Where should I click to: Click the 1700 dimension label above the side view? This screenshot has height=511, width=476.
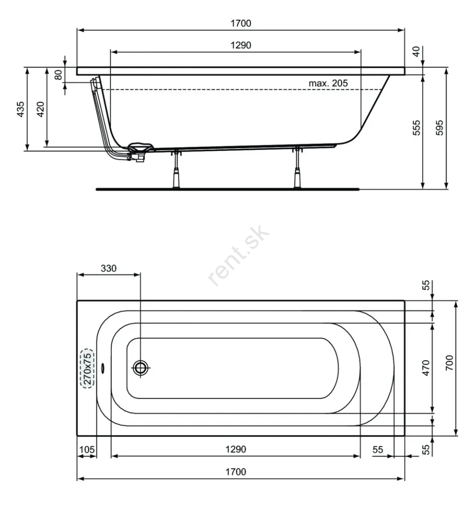coord(241,23)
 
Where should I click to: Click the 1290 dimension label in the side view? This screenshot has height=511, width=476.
coord(241,45)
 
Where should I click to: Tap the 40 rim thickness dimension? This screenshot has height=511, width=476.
coord(416,52)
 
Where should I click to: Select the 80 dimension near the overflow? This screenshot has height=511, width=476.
coord(58,74)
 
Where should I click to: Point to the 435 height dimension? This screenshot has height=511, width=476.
coord(21,109)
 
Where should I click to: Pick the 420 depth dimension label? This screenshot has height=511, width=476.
coord(40,109)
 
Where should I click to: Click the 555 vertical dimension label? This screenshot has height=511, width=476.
coord(417,128)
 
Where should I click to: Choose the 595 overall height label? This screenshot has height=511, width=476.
coord(439,128)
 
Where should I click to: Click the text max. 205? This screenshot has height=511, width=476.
coord(328,83)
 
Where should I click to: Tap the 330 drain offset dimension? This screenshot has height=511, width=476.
coord(108,268)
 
